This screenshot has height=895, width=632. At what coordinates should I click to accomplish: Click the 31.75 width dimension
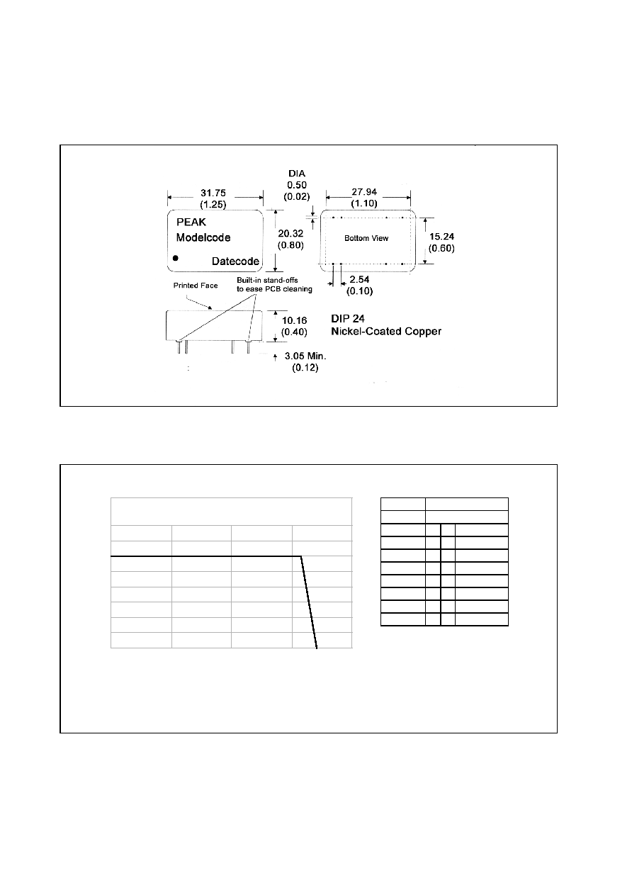213,193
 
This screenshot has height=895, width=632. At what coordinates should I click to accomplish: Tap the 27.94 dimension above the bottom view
364,192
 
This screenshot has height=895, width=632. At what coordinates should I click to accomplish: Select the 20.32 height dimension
290,233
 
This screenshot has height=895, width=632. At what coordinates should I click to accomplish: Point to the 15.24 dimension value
441,237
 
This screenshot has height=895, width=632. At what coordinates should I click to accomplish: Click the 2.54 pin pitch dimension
359,279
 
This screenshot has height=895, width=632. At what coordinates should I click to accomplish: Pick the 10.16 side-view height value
295,320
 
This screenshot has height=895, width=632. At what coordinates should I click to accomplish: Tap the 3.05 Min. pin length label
305,356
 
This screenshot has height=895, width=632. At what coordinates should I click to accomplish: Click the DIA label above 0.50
297,174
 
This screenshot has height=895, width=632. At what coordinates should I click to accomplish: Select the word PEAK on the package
191,222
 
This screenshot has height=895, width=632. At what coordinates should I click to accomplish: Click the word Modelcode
203,237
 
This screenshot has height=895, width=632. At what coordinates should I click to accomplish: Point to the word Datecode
235,261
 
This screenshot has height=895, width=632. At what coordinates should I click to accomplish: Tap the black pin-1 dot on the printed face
176,258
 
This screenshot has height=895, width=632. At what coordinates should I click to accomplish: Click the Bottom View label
366,238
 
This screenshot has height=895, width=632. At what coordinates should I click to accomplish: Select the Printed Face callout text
196,286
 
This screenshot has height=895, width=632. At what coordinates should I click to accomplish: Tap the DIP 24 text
348,318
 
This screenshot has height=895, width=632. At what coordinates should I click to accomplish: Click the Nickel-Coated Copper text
386,331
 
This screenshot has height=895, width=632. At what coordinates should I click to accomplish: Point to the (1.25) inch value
213,205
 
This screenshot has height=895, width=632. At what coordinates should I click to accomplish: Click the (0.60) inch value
441,249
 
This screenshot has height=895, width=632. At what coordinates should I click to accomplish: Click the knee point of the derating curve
301,556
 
